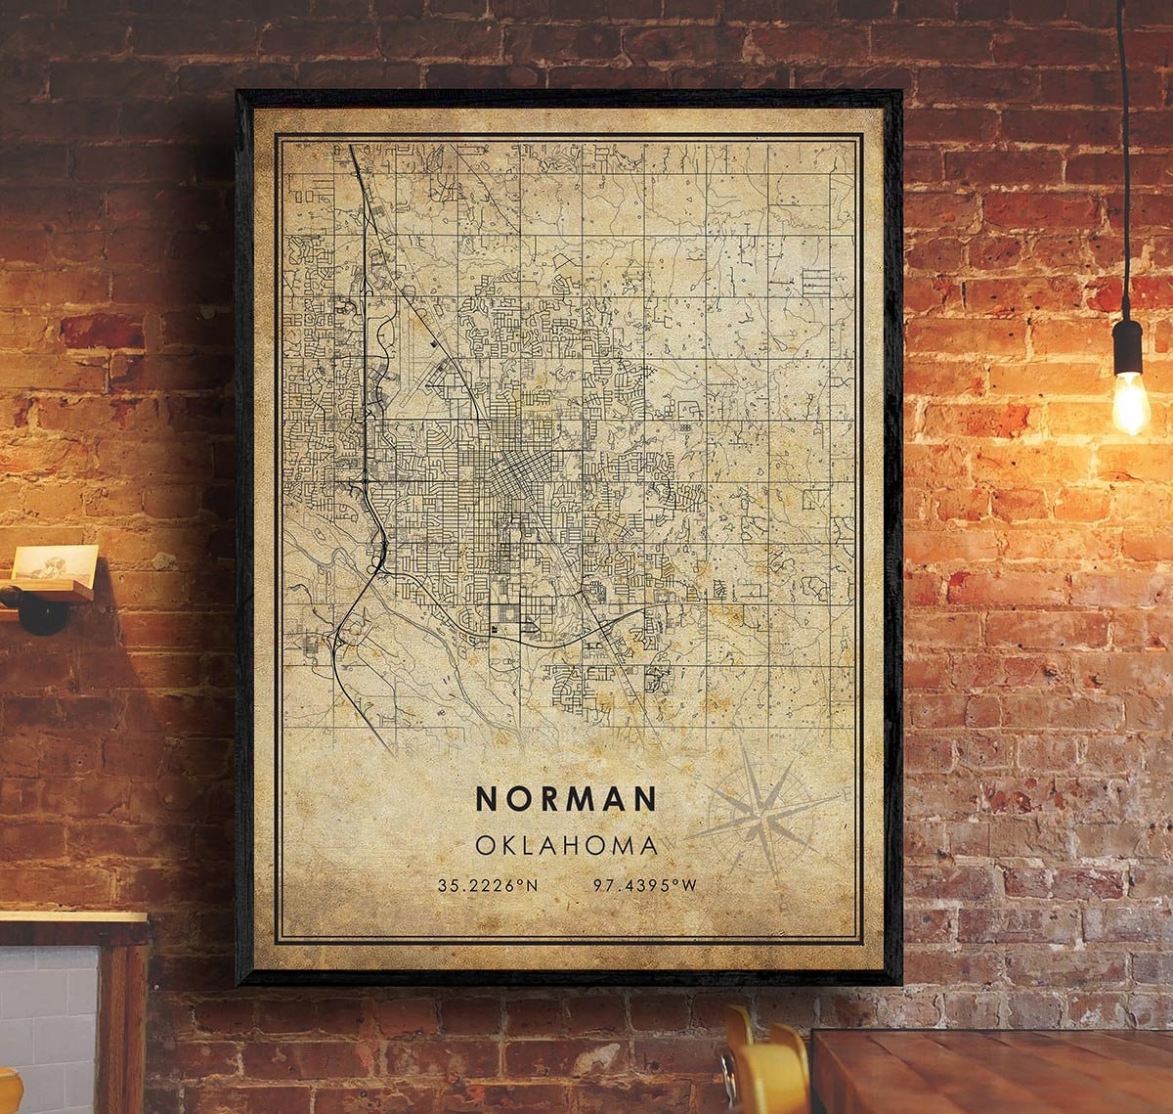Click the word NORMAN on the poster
point(565,798)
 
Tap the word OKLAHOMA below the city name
point(566,844)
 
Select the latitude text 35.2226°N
point(488,886)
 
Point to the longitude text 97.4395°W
point(645,886)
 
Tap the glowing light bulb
point(1130,400)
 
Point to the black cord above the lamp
point(1124,147)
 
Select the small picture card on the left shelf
point(55,565)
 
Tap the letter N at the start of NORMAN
point(486,798)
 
